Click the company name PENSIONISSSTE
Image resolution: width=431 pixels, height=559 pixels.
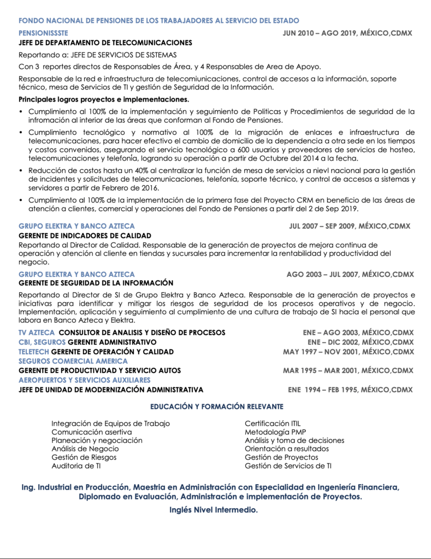coord(43,33)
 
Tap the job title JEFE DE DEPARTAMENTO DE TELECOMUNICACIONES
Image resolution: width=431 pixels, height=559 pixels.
coord(105,43)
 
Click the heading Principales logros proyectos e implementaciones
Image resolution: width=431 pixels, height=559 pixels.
coord(104,99)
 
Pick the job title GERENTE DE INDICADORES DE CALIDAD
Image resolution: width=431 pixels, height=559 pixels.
coord(85,235)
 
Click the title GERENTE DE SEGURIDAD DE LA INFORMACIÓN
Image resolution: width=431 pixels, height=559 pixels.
coord(96,283)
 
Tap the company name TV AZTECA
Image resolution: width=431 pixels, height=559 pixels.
coord(37,332)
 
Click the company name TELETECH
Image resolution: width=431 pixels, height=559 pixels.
coord(34,352)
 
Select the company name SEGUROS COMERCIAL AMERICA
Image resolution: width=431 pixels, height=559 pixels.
coord(73,361)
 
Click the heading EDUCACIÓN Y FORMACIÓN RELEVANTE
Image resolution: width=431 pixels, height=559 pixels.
coord(216,407)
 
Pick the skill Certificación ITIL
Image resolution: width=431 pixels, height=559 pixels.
coord(272,424)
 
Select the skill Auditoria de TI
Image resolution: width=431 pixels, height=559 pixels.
coord(76,466)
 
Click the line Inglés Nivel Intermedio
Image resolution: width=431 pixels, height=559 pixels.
coord(214,510)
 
